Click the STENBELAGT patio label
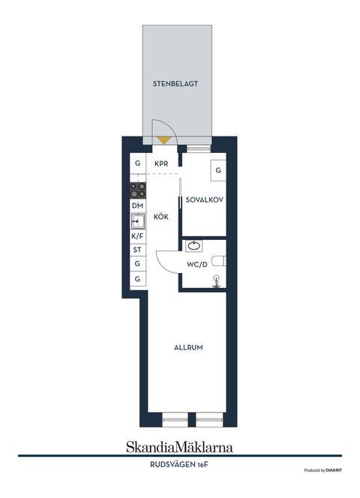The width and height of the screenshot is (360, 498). (175, 84)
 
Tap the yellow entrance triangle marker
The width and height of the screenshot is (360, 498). (164, 139)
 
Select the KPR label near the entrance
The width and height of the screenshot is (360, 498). (161, 164)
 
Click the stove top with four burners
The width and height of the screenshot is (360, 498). (138, 190)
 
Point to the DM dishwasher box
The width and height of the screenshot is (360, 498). (138, 205)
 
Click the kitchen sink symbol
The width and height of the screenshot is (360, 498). (138, 221)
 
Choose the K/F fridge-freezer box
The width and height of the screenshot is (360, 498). (138, 236)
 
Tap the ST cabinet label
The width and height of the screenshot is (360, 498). (137, 250)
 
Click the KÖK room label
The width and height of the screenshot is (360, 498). (161, 217)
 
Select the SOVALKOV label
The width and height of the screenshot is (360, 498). (204, 200)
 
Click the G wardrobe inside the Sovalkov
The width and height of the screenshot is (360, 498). (218, 170)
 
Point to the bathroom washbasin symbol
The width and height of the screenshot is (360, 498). (193, 246)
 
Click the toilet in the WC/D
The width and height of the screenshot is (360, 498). (219, 261)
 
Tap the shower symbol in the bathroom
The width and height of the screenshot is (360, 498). (217, 282)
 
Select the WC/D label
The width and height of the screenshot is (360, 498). (197, 264)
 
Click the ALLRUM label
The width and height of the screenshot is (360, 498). (188, 348)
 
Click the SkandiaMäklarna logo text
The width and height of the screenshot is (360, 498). (179, 447)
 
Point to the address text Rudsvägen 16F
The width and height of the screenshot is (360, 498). (179, 465)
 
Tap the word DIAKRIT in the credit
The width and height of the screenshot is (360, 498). (334, 470)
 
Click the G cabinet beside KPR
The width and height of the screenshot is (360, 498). (138, 163)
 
